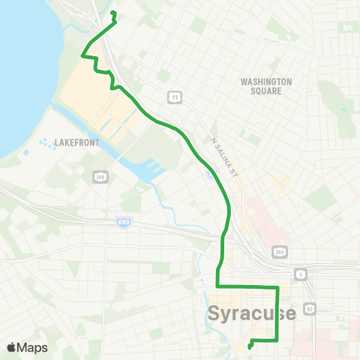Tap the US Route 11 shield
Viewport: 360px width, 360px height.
pos(174,97)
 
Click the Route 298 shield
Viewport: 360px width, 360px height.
pos(100,177)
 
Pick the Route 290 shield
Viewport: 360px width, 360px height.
pos(278,252)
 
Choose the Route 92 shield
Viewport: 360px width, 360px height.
pos(309,307)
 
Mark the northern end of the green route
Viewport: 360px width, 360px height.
pos(112,13)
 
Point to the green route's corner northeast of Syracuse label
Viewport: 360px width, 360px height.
pos(277,286)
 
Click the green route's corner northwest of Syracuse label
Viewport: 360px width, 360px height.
pos(217,286)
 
